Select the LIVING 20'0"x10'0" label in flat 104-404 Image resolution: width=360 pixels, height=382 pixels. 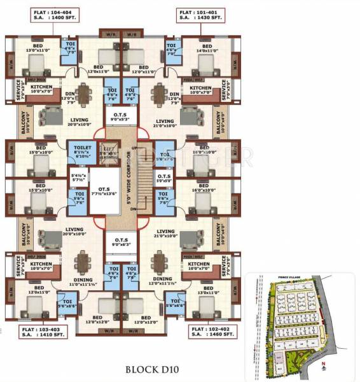(x=80, y=123)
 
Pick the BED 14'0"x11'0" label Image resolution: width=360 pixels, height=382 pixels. (x=207, y=48)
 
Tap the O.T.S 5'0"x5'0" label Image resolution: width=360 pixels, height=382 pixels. (x=163, y=179)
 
